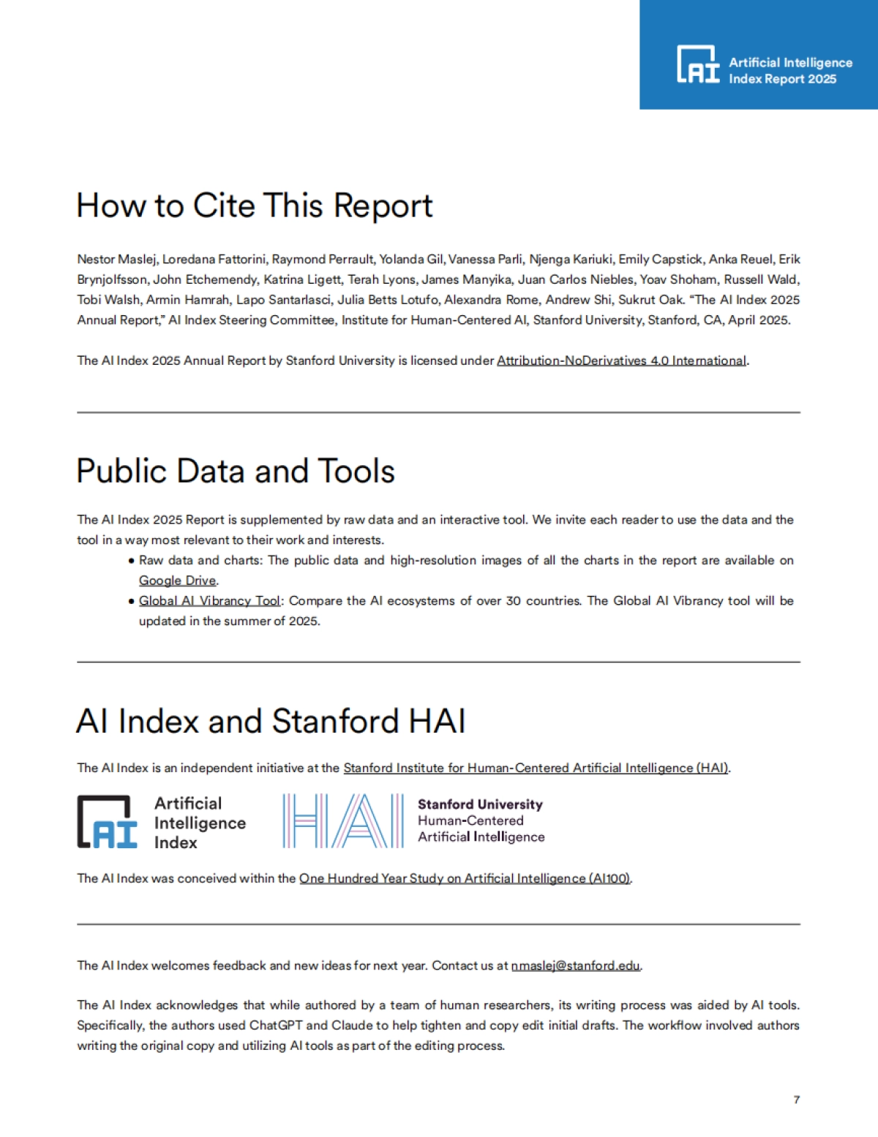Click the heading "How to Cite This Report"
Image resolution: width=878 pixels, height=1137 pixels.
coord(255,205)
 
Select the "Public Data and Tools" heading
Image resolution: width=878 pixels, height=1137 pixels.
coord(236,471)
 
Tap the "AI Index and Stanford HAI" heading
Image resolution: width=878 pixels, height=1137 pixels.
coord(271,721)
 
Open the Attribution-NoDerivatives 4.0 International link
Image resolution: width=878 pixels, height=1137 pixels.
coord(621,360)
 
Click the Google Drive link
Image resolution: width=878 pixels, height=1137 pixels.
coord(178,581)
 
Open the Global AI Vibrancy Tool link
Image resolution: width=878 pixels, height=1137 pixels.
coord(209,601)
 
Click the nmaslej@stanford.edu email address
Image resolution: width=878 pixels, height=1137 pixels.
coord(575,966)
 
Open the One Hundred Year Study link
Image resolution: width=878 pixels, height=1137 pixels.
coord(465,879)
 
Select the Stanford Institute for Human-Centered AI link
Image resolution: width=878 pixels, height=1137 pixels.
coord(536,768)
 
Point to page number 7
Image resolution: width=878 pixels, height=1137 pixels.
coord(796,1100)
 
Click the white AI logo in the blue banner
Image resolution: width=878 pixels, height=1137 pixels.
coord(698,65)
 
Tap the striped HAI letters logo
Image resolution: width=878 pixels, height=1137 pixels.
coord(343,821)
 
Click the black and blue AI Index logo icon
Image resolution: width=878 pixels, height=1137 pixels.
coord(108,822)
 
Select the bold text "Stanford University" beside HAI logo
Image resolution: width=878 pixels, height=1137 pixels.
coord(480,804)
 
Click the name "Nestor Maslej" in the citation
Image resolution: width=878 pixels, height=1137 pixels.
coord(116,260)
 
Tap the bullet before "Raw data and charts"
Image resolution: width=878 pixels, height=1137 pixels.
coord(132,561)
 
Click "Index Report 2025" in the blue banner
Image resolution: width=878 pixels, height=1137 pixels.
coord(782,79)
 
